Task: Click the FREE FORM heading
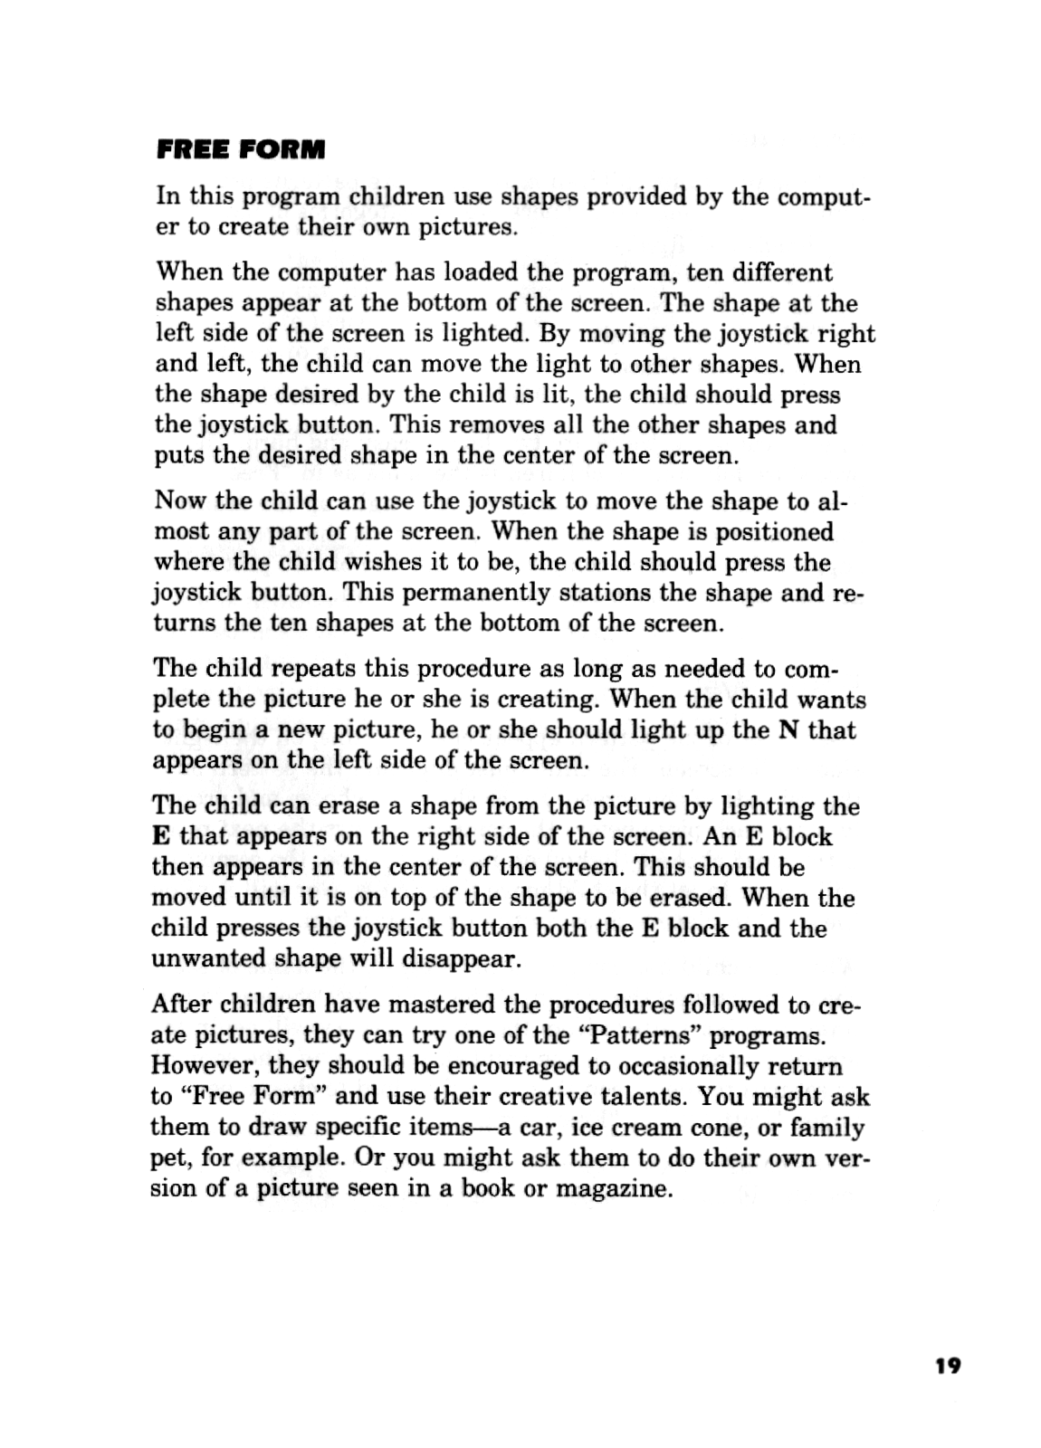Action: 240,149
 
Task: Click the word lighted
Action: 484,333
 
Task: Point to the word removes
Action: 490,424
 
